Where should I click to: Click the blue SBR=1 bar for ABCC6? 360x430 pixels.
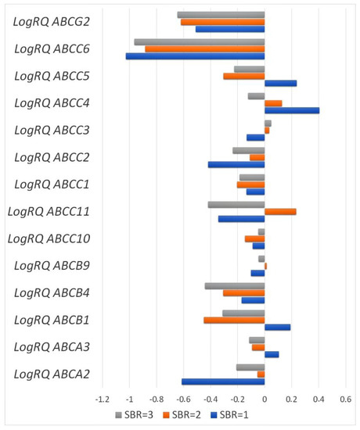coord(196,56)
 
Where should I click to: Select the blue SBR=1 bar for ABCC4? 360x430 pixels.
coord(292,110)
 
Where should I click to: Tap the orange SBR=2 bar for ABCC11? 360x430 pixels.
coord(280,211)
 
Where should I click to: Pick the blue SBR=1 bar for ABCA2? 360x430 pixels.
coord(223,382)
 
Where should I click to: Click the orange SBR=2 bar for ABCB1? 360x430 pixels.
coord(234,320)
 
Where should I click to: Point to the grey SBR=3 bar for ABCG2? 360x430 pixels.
coord(221,15)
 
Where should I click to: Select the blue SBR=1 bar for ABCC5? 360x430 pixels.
coord(280,83)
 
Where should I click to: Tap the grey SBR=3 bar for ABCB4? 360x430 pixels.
coord(235,286)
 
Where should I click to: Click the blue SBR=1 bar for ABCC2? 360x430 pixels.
coord(236,164)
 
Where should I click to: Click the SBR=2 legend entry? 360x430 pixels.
coord(185,414)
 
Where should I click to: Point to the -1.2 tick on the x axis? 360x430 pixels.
coord(102,399)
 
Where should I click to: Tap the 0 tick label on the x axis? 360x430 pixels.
coord(265,399)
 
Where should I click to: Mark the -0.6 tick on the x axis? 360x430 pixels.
coord(183,399)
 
